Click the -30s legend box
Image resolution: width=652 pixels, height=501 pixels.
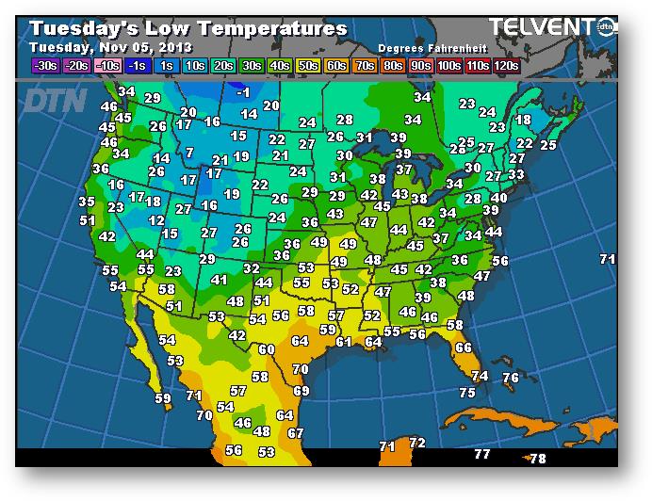click(x=44, y=66)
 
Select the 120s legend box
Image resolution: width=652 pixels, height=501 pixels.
click(x=506, y=66)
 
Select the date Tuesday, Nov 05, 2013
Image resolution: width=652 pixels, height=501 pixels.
click(x=110, y=47)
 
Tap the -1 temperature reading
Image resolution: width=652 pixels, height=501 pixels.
click(x=243, y=91)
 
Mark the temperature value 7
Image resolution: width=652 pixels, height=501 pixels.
click(x=189, y=152)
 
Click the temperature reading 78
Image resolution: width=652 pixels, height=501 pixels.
click(x=538, y=459)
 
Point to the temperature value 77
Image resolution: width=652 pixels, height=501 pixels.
click(x=481, y=454)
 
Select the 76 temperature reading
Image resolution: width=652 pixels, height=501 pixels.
click(x=511, y=378)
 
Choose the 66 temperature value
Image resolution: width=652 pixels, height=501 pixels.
click(x=463, y=347)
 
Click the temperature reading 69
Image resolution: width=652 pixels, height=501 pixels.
click(x=302, y=390)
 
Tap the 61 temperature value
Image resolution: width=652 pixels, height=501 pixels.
click(x=344, y=341)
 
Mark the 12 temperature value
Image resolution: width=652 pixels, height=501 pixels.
click(x=157, y=219)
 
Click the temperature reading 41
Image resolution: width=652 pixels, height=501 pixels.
click(x=220, y=280)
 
